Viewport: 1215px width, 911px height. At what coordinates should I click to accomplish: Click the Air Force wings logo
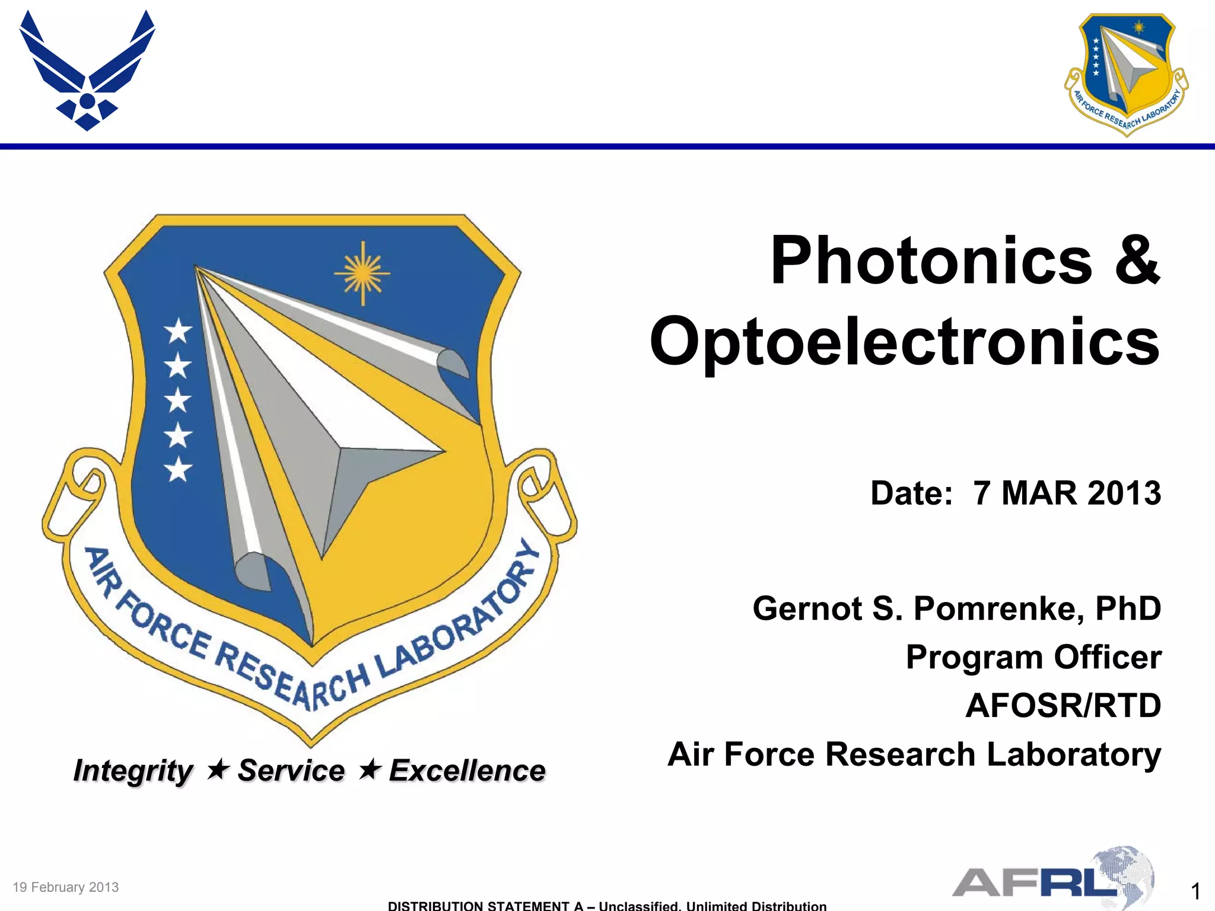click(x=87, y=70)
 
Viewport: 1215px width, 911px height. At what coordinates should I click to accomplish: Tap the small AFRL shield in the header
click(x=1126, y=75)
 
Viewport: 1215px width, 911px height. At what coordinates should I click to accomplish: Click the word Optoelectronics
click(x=905, y=342)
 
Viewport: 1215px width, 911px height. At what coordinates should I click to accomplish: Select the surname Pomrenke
click(x=998, y=609)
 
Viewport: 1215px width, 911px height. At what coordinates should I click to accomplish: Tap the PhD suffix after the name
click(x=1128, y=609)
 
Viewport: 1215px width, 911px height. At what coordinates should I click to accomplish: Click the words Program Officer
click(x=1033, y=657)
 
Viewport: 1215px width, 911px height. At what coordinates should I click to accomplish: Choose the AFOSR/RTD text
click(x=1063, y=706)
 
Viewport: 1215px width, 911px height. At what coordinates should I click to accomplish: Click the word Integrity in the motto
click(x=133, y=771)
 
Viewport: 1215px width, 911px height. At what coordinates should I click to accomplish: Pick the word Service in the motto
click(x=291, y=770)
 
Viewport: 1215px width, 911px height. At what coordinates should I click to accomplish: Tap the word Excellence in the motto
click(x=467, y=770)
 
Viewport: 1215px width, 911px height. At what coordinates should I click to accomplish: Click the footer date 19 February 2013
click(x=66, y=887)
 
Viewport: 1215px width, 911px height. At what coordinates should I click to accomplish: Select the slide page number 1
click(x=1195, y=891)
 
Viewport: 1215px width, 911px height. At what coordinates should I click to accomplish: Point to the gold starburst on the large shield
click(x=362, y=273)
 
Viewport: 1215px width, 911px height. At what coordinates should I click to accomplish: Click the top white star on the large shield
click(x=178, y=330)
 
